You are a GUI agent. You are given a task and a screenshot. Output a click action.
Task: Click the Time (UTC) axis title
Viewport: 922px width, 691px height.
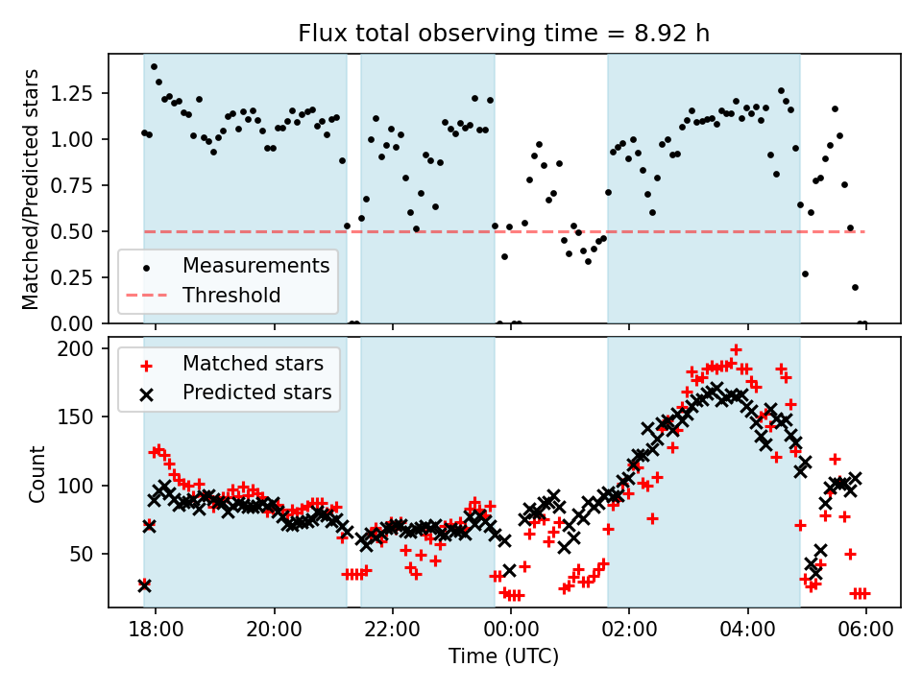tap(503, 656)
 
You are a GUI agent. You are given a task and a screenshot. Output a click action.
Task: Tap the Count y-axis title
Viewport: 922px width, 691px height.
tap(37, 473)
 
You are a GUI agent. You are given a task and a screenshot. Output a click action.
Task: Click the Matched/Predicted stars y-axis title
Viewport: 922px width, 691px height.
tap(31, 189)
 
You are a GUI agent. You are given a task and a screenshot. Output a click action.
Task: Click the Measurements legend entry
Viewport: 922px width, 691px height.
tap(255, 265)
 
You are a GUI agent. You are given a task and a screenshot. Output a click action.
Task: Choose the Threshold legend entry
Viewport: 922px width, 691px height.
tap(231, 295)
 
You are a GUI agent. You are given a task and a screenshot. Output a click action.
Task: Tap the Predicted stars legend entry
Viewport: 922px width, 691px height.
tap(256, 393)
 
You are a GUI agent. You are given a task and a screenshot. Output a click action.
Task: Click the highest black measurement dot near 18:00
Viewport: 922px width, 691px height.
tap(154, 67)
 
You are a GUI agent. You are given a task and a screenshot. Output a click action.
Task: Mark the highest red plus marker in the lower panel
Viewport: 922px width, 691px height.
tap(736, 350)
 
